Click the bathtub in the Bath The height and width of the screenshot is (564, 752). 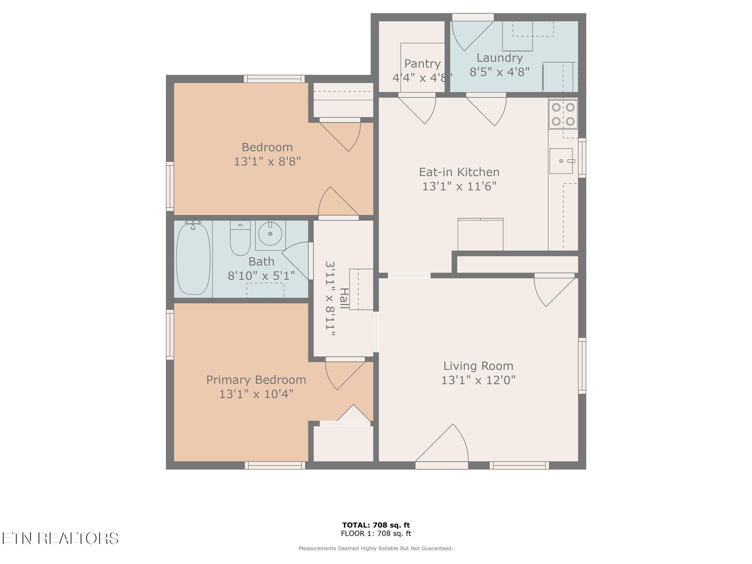point(194,259)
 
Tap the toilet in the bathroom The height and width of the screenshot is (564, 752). point(240,238)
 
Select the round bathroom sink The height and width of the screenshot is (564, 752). point(270,234)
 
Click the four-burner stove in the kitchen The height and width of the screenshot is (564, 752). point(563,114)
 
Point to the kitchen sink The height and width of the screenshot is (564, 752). point(561,161)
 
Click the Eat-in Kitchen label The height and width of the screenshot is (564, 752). point(459,172)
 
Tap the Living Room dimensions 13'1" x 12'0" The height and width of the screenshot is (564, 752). point(478,380)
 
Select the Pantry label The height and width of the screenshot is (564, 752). point(422,64)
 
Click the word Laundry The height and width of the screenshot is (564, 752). point(499,58)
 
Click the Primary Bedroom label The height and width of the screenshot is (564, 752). point(256,380)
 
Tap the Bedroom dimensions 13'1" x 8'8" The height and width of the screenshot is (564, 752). point(267,162)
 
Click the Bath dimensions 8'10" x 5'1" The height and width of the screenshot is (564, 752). point(261,276)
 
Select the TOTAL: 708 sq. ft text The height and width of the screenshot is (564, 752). point(376,525)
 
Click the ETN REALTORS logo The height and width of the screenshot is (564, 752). point(59,538)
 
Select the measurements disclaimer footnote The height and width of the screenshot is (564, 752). point(376,549)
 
